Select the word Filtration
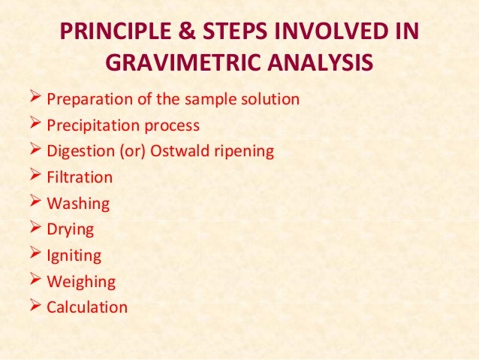80,178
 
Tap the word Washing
78,204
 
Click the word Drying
71,230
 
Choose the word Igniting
74,256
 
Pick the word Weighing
81,282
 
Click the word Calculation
87,307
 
